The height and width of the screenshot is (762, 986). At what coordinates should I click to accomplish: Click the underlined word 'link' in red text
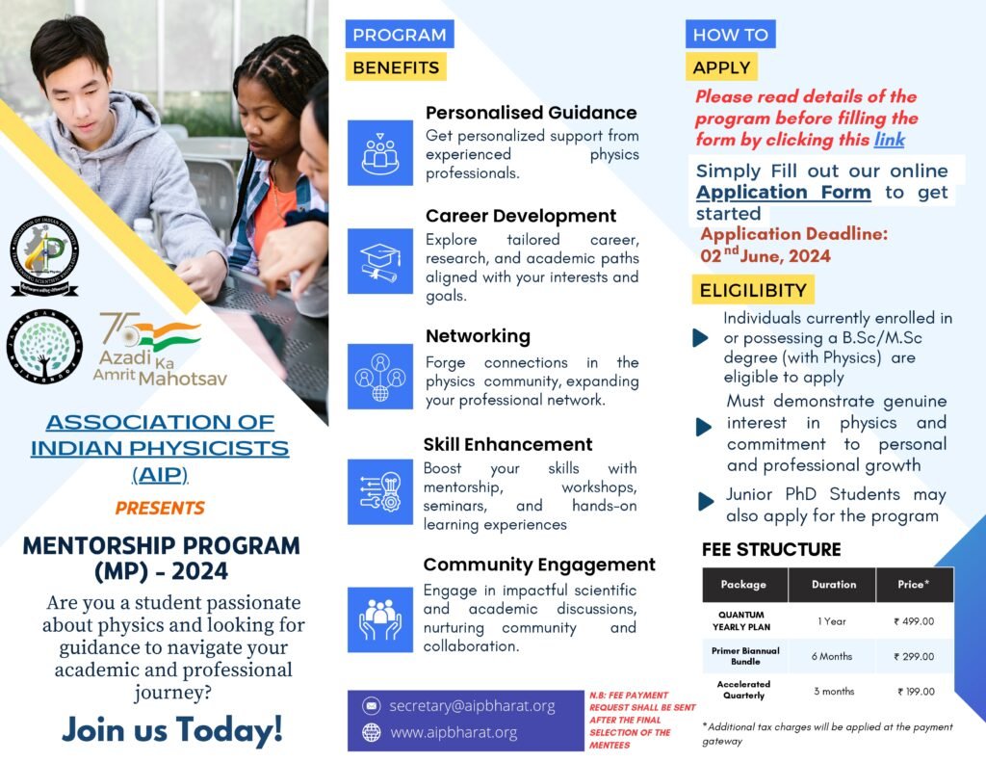[x=889, y=140]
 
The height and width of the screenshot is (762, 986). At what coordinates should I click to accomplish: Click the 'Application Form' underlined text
[x=783, y=192]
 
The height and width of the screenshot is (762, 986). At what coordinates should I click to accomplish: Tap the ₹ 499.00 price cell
[x=914, y=621]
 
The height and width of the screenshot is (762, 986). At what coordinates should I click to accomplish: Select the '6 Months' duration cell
[x=832, y=656]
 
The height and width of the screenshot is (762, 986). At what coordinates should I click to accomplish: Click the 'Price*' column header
[x=914, y=584]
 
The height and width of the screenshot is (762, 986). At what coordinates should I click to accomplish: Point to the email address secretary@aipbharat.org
[x=472, y=706]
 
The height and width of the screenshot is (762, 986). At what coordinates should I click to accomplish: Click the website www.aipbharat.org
[x=454, y=732]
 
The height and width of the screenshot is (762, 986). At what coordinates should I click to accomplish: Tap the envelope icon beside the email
[x=371, y=706]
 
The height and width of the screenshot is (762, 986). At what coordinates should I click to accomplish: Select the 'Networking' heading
[x=478, y=336]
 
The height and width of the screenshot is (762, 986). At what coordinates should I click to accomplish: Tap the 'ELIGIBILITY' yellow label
[x=753, y=290]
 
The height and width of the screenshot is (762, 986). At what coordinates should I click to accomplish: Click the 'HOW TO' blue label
[x=731, y=35]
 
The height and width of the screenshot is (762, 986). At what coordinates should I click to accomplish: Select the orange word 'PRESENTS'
[x=160, y=508]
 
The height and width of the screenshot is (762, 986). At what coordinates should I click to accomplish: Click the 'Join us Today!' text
[x=172, y=729]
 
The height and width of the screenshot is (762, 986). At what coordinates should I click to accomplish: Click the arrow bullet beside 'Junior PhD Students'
[x=706, y=500]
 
